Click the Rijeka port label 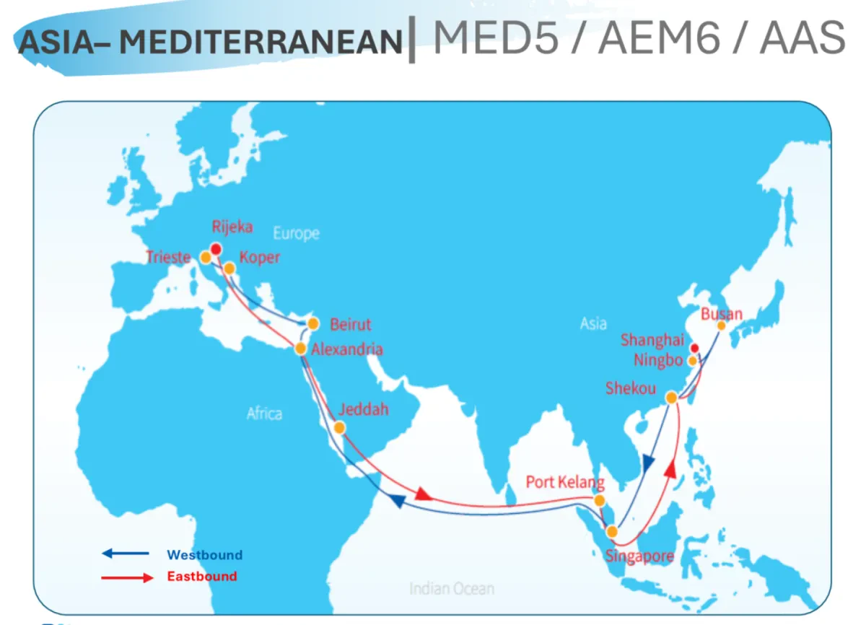pos(232,227)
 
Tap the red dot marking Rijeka pos(216,249)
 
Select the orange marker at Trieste pos(206,257)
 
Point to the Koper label pos(259,258)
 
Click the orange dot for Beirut pos(312,323)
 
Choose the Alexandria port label pos(346,349)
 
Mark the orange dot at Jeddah pos(340,428)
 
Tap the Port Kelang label pos(564,481)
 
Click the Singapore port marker pos(612,532)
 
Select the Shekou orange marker pos(671,398)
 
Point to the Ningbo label pos(658,360)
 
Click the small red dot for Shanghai pos(694,347)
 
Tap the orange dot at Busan pos(721,325)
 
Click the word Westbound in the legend pos(204,555)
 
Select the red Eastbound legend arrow pos(127,577)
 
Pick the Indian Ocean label pos(452,588)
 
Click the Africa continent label pos(264,414)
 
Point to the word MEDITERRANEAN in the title pos(261,43)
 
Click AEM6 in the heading pos(659,37)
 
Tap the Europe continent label pos(296,234)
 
